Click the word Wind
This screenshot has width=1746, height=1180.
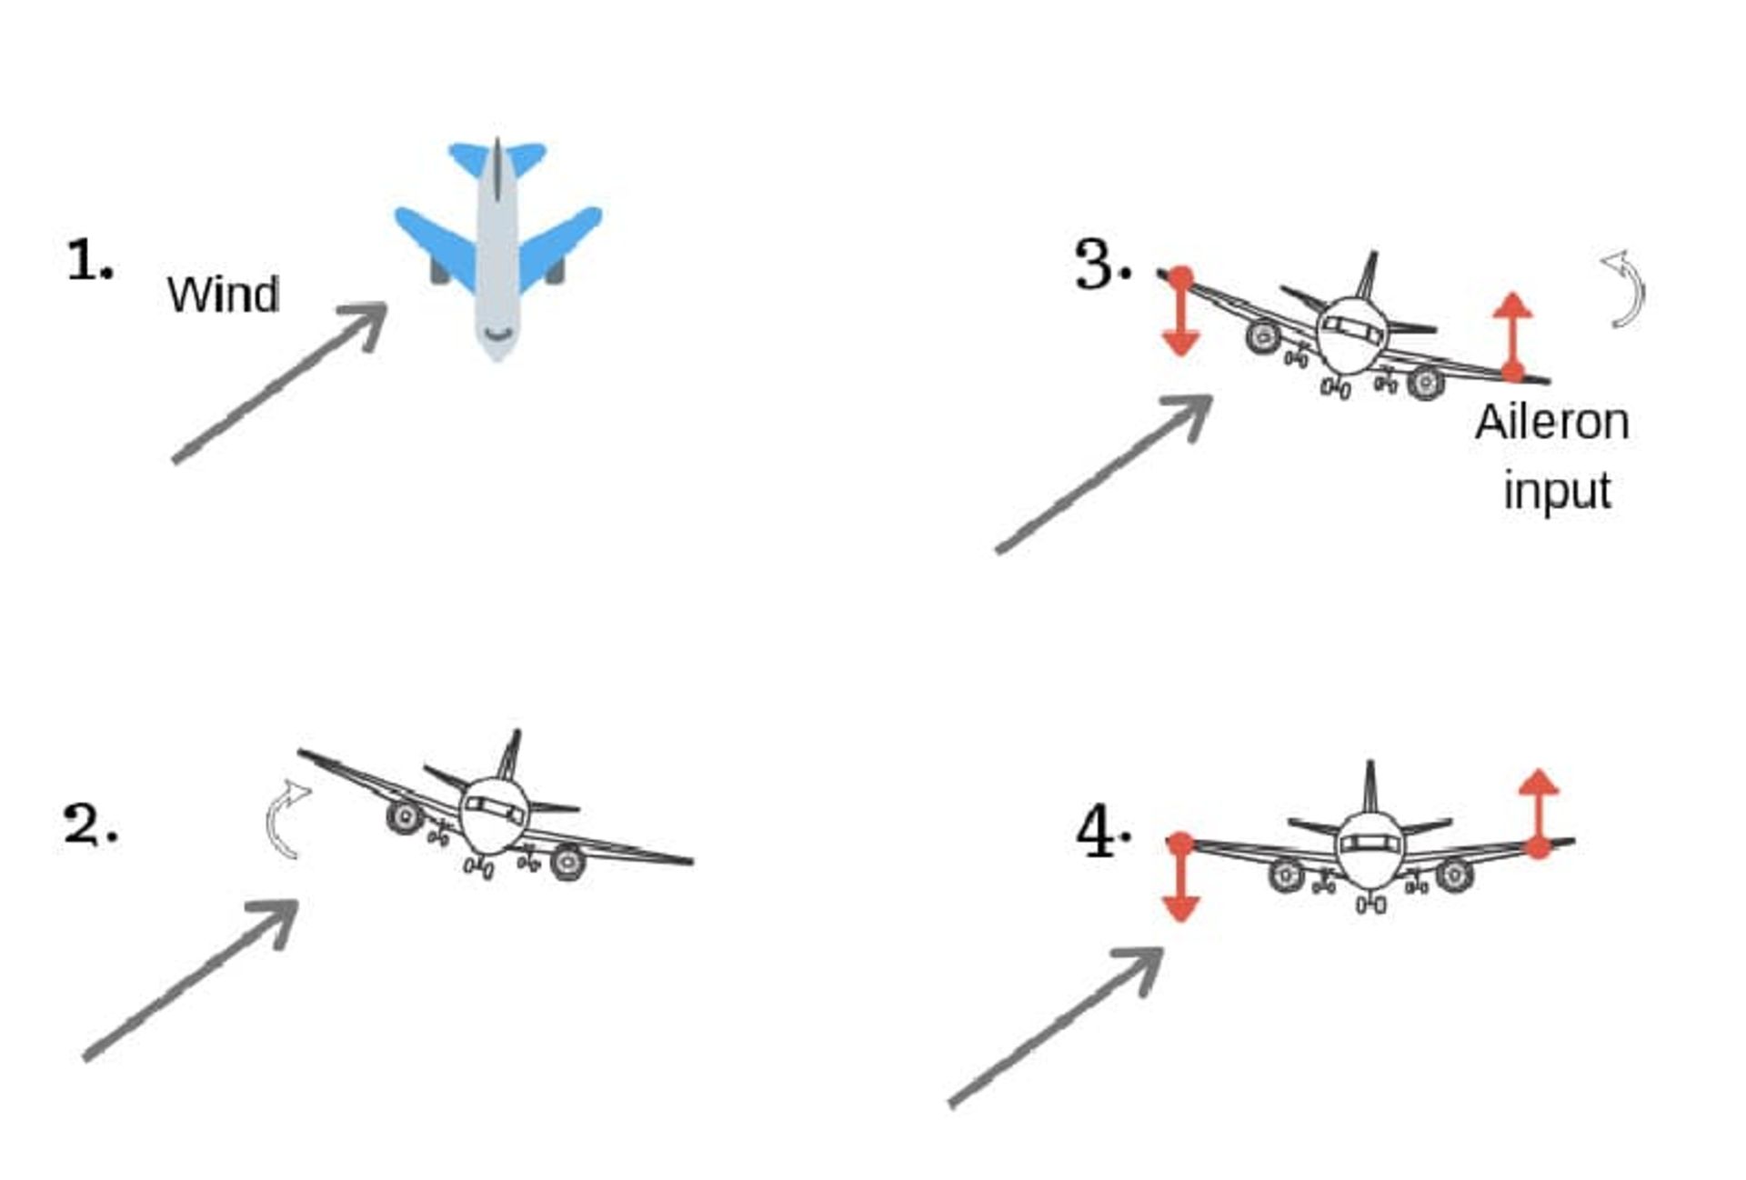coord(223,295)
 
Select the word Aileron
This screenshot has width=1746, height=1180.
coord(1551,423)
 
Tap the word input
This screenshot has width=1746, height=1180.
coord(1557,491)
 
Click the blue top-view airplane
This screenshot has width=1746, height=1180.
coord(497,248)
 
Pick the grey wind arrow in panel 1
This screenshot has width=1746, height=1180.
coord(280,383)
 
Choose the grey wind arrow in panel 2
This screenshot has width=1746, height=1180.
coord(191,979)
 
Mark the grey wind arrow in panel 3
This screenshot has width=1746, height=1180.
coord(1104,473)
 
